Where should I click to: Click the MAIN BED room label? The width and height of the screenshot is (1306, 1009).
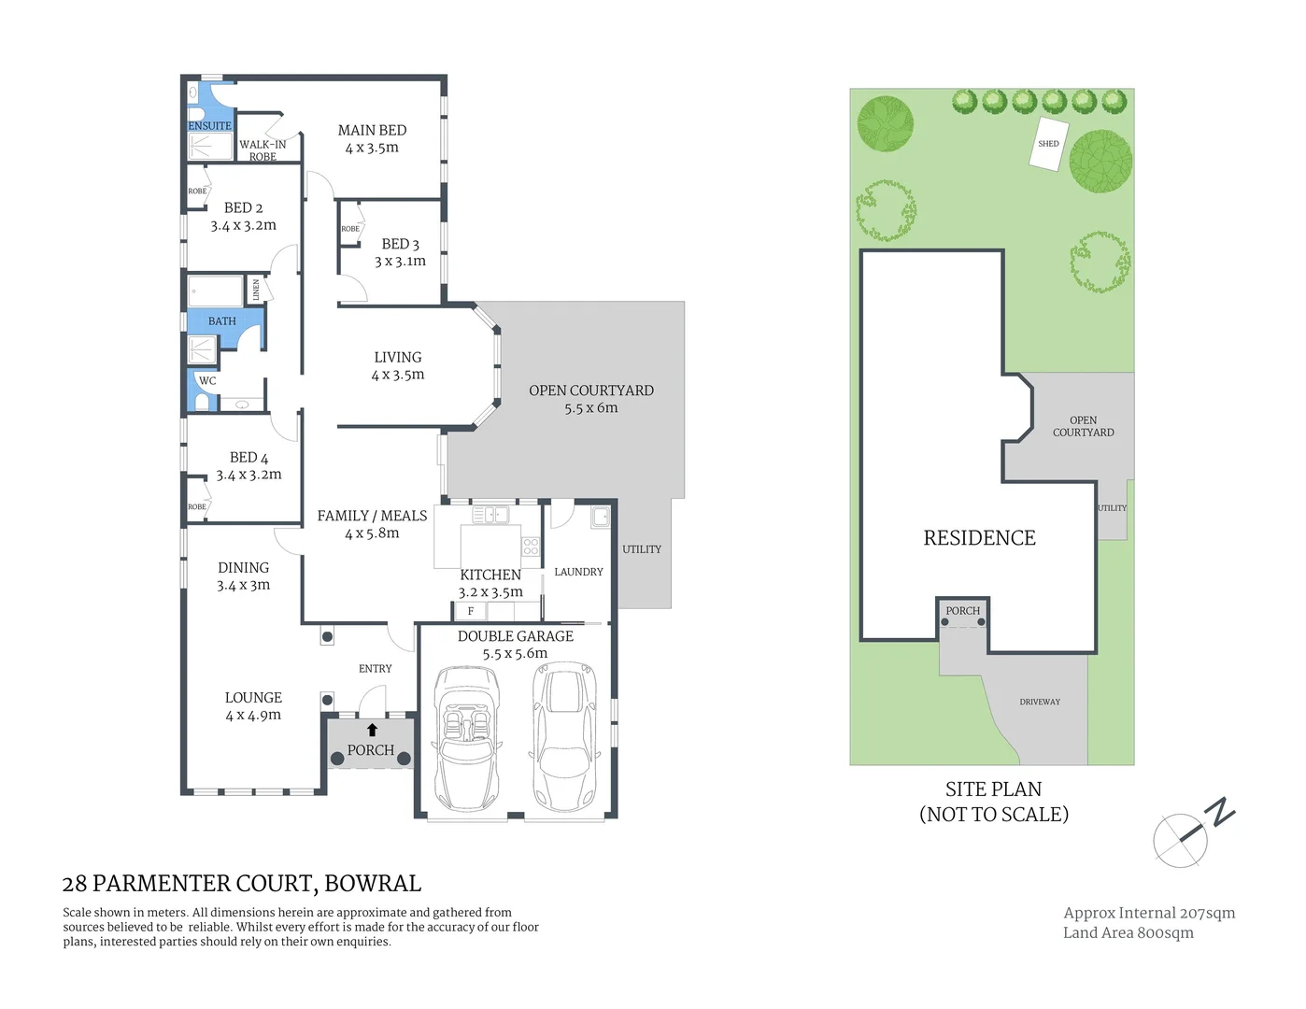click(372, 131)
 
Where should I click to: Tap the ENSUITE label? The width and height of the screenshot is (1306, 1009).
click(209, 126)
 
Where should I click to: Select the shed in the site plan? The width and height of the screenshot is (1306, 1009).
click(1049, 144)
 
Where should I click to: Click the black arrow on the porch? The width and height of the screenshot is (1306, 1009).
click(372, 730)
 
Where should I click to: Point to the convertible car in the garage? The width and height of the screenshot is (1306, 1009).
click(466, 738)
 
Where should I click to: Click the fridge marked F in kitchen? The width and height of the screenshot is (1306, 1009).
click(471, 611)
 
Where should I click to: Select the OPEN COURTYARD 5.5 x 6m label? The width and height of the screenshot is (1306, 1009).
click(590, 399)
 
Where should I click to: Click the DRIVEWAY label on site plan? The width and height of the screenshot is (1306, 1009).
click(1040, 702)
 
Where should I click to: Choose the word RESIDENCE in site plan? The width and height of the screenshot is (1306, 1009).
click(979, 538)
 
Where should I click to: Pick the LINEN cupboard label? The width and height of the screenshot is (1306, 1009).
click(256, 290)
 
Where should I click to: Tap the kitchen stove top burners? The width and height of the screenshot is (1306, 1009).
click(531, 547)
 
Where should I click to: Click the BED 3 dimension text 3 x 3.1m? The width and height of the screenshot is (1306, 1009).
click(400, 262)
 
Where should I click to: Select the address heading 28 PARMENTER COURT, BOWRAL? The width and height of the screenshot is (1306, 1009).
click(241, 883)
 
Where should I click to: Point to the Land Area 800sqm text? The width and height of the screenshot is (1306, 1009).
click(1128, 932)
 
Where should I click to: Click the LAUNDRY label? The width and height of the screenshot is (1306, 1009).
click(578, 572)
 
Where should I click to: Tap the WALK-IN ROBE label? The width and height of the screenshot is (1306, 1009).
click(263, 149)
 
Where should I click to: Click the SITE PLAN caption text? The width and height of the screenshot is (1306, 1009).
click(993, 789)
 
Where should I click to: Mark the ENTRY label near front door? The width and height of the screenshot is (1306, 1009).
click(375, 669)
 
